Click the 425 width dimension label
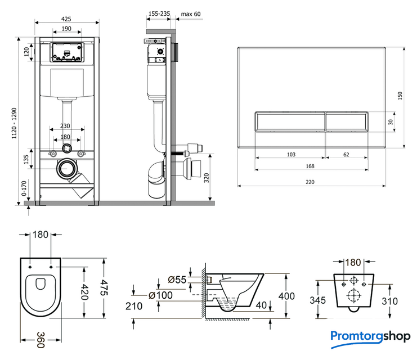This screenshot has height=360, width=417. point(66,19)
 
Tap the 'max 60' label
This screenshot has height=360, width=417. point(191,13)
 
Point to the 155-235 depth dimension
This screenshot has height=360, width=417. point(160,13)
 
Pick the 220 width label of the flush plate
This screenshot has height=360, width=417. point(311,181)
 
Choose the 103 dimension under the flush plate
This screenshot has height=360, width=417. point(290,154)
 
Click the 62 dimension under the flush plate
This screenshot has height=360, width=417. point(346,154)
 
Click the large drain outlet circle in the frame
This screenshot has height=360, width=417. point(69,168)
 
